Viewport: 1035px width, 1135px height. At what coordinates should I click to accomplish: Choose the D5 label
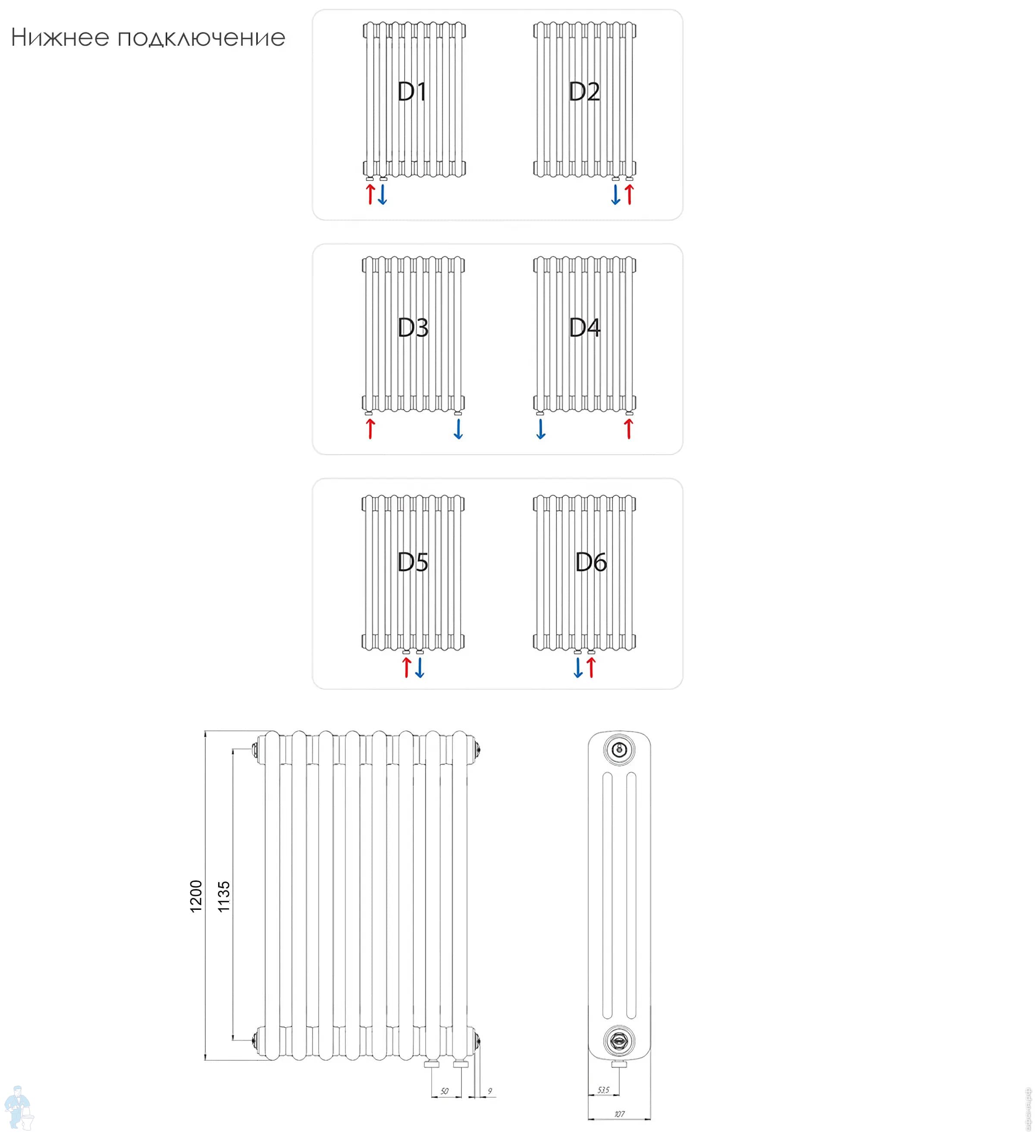pos(413,562)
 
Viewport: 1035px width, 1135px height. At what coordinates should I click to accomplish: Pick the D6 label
pos(590,562)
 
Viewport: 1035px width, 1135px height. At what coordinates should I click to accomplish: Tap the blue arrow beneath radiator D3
pos(458,428)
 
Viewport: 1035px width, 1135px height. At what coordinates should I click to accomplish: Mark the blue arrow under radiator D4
pos(541,428)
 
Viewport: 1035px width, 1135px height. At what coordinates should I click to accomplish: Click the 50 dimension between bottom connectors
pos(445,1091)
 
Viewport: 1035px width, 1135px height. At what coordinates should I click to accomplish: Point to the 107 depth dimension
pos(619,1113)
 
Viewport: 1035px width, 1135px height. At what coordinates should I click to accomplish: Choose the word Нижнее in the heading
pos(60,38)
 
